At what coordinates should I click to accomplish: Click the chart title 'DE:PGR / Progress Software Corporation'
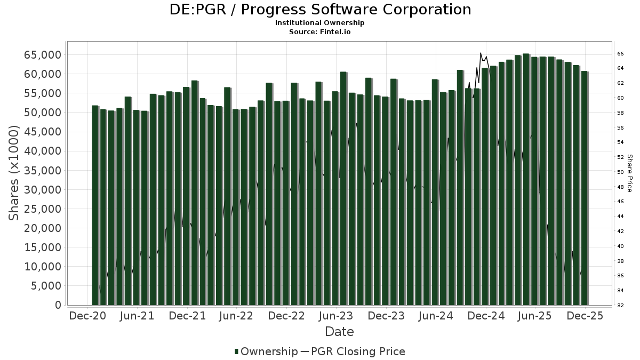tap(320, 10)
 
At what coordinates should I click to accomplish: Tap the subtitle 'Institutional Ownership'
tap(320, 23)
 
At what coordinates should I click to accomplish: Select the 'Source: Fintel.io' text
tap(320, 31)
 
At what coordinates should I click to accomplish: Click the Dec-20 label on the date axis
tap(87, 316)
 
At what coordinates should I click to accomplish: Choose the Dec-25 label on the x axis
tap(585, 316)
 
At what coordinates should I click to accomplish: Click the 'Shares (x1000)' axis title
tap(14, 173)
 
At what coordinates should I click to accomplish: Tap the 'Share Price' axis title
tap(630, 173)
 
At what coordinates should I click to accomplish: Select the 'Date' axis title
tap(339, 332)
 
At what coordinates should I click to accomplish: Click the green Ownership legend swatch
tap(237, 351)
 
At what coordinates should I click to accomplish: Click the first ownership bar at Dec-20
tap(95, 205)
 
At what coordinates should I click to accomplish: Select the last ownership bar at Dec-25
tap(585, 188)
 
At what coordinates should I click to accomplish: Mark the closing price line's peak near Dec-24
tap(481, 53)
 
